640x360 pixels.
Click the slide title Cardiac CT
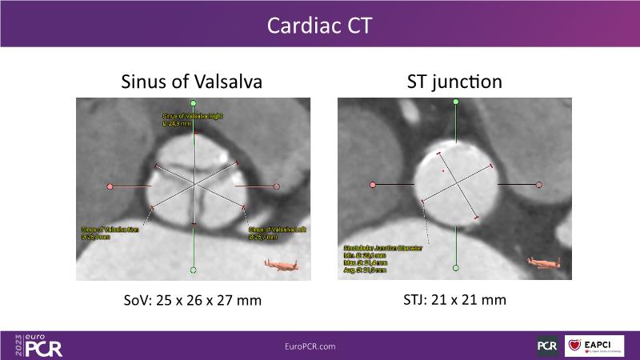(x=320, y=26)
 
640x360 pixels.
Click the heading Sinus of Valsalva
(x=191, y=82)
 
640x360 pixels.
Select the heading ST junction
(x=455, y=82)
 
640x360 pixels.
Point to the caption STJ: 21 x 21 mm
(x=455, y=300)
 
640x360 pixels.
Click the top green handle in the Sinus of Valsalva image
(x=194, y=103)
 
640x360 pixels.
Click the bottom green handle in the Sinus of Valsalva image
(x=194, y=269)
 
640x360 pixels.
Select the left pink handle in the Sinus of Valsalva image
(x=110, y=186)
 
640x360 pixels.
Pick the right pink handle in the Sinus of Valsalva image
(x=276, y=186)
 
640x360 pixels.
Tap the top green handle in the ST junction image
(x=455, y=102)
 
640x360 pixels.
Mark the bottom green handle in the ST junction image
(x=455, y=268)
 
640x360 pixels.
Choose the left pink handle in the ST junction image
(x=373, y=185)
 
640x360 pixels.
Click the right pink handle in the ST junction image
(x=538, y=185)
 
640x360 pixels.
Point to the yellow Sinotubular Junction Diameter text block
(x=382, y=256)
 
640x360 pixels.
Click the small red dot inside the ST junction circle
(x=442, y=170)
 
